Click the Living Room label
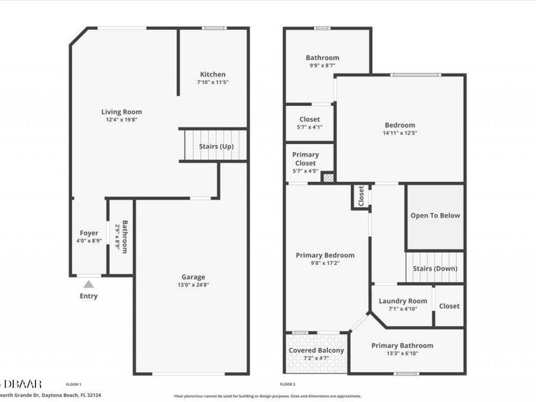point(121,111)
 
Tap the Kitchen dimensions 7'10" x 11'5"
point(213,82)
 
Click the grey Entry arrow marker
point(88,284)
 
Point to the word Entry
point(88,296)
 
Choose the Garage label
point(194,276)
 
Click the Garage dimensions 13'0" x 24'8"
point(194,285)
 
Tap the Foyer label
point(89,233)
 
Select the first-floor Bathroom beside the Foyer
point(121,237)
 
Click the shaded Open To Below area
point(435,216)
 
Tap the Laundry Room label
point(403,301)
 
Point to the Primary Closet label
point(305,158)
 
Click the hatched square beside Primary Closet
point(329,177)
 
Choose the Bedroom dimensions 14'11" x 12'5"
point(400,133)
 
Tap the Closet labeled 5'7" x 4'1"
point(310,123)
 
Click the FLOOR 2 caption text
point(288,385)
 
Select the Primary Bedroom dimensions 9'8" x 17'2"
point(325,263)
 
